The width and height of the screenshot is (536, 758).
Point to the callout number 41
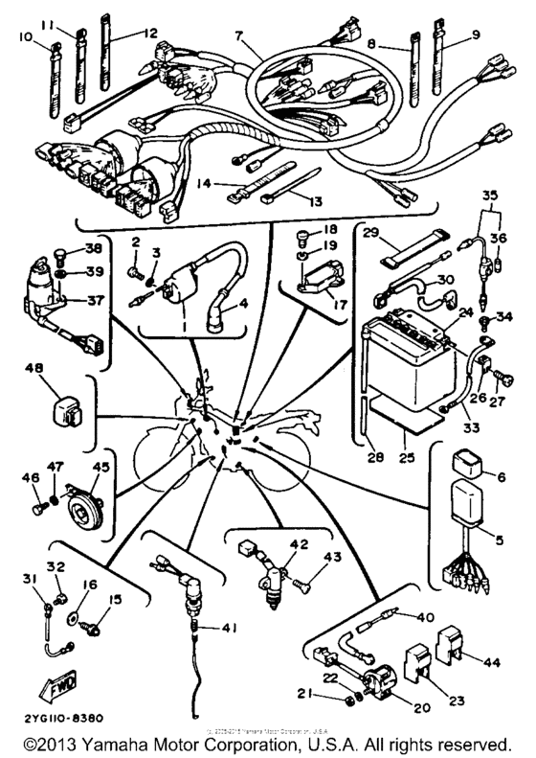tap(228, 629)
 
